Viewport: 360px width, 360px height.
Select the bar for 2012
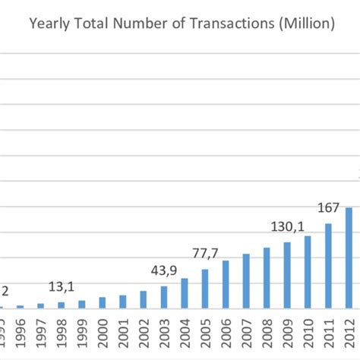click(x=349, y=258)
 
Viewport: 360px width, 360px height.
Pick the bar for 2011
click(x=328, y=266)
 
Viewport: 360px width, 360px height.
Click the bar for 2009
click(x=287, y=275)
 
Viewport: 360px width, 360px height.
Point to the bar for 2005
click(x=205, y=289)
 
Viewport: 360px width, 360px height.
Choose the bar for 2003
click(x=164, y=297)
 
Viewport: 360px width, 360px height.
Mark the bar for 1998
click(x=62, y=305)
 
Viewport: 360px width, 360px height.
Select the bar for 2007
click(x=246, y=281)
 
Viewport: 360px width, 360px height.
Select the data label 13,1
click(x=61, y=286)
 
